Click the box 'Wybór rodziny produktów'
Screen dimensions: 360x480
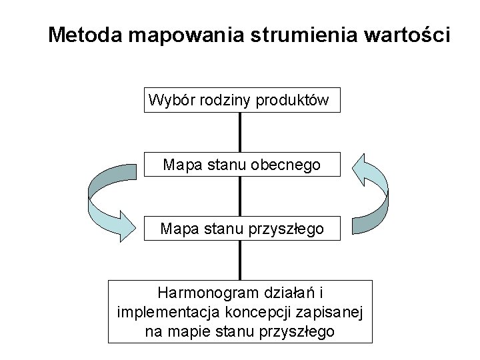tap(241, 100)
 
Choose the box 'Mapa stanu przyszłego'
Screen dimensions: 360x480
tap(241, 229)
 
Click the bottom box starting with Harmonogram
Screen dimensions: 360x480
tap(241, 311)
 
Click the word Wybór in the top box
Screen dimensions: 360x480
tap(168, 100)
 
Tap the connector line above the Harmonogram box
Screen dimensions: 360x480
tap(240, 260)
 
